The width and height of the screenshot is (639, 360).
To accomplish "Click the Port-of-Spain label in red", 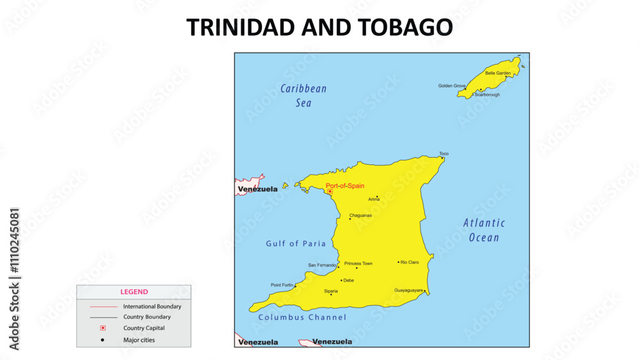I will tap(345, 186).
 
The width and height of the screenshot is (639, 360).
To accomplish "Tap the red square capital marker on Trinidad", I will tap(330, 191).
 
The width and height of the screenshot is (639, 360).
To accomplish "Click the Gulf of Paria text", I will tap(296, 244).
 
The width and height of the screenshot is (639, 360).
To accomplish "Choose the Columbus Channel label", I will tap(302, 317).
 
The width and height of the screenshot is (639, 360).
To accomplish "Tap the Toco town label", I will tap(443, 153).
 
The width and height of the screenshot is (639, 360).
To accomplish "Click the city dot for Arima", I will tap(377, 196).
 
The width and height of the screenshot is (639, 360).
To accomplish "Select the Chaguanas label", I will tap(360, 215).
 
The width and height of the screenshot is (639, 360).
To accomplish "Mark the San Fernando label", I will tap(322, 265).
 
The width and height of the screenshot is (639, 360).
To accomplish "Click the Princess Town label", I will tap(358, 263).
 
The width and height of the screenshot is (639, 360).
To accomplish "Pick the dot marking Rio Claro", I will tap(398, 262).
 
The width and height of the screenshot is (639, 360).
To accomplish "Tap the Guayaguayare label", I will tap(409, 290).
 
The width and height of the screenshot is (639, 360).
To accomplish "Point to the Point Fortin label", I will tap(282, 285).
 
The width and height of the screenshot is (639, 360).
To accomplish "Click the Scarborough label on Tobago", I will tap(487, 95).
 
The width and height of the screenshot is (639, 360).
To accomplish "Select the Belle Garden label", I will tap(498, 73).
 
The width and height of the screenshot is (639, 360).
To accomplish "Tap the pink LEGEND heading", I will tap(134, 292).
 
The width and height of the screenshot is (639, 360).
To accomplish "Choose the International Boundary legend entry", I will tap(152, 306).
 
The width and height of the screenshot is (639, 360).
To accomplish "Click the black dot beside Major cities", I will tap(102, 340).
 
